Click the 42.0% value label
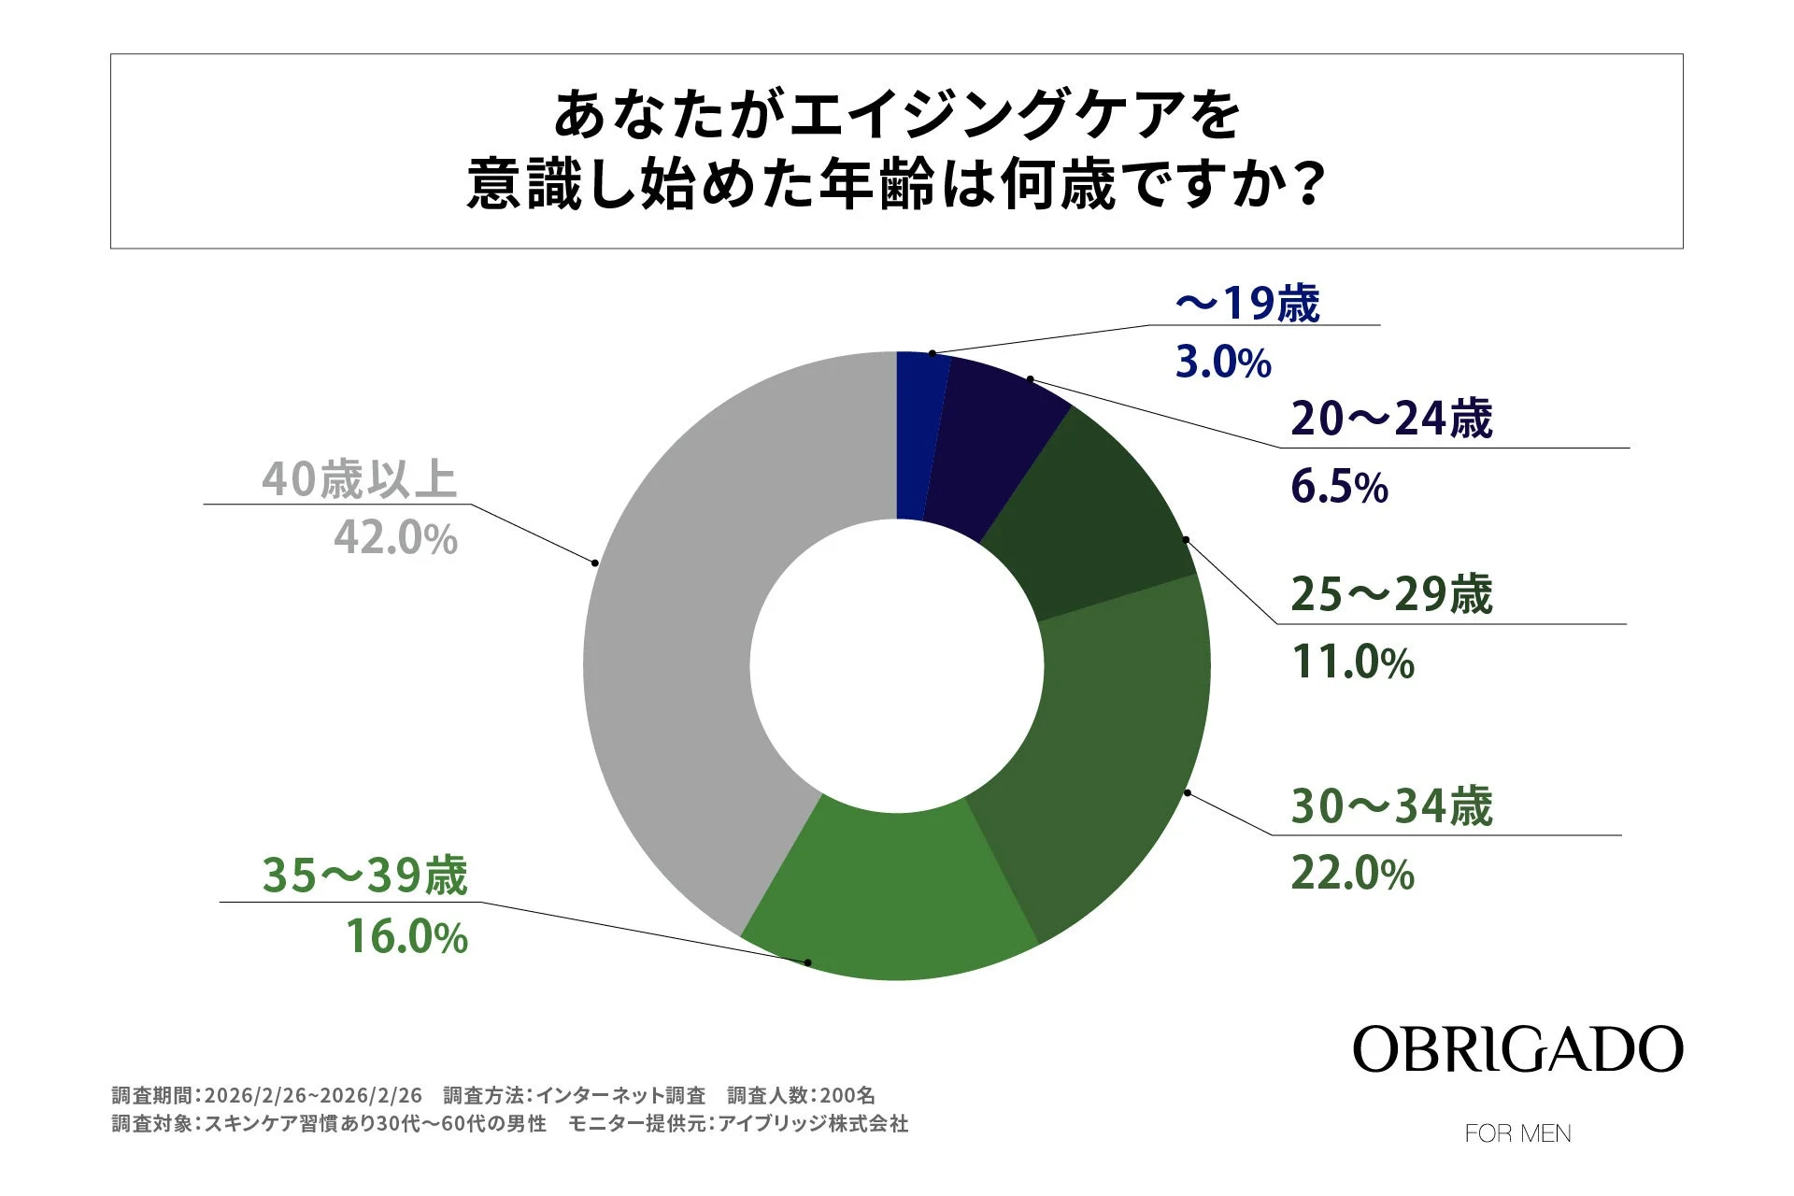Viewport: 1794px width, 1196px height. [x=395, y=538]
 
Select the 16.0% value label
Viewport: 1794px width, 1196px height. [x=406, y=937]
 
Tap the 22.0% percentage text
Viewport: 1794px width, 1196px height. [x=1352, y=875]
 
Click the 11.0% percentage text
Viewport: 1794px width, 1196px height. [x=1352, y=662]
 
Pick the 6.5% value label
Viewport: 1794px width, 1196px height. [x=1339, y=488]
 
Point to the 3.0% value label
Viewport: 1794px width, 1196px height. [x=1222, y=363]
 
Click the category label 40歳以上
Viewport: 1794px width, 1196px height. [x=359, y=479]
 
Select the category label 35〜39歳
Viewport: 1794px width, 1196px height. [x=364, y=876]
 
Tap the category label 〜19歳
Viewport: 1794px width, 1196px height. [x=1247, y=304]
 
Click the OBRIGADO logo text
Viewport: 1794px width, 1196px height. [x=1517, y=1050]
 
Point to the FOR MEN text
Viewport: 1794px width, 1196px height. [x=1517, y=1133]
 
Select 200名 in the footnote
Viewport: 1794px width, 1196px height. [x=847, y=1095]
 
